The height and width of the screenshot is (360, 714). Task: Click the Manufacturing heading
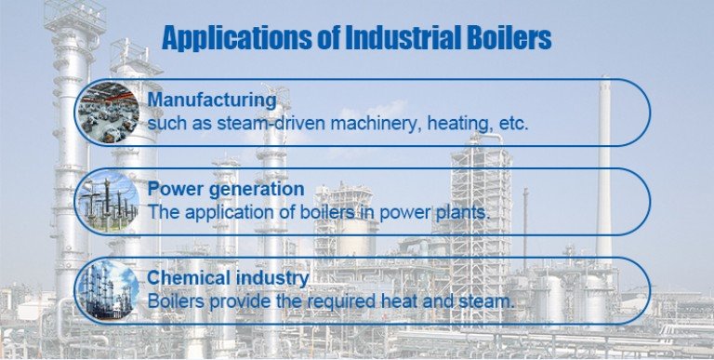tap(212, 100)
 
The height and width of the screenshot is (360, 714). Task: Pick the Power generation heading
tap(226, 190)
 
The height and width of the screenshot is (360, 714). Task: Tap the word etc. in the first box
tap(511, 123)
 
